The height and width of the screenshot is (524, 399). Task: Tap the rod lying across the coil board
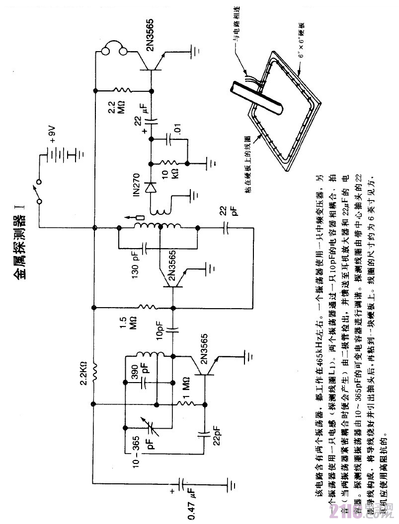[x=256, y=94]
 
